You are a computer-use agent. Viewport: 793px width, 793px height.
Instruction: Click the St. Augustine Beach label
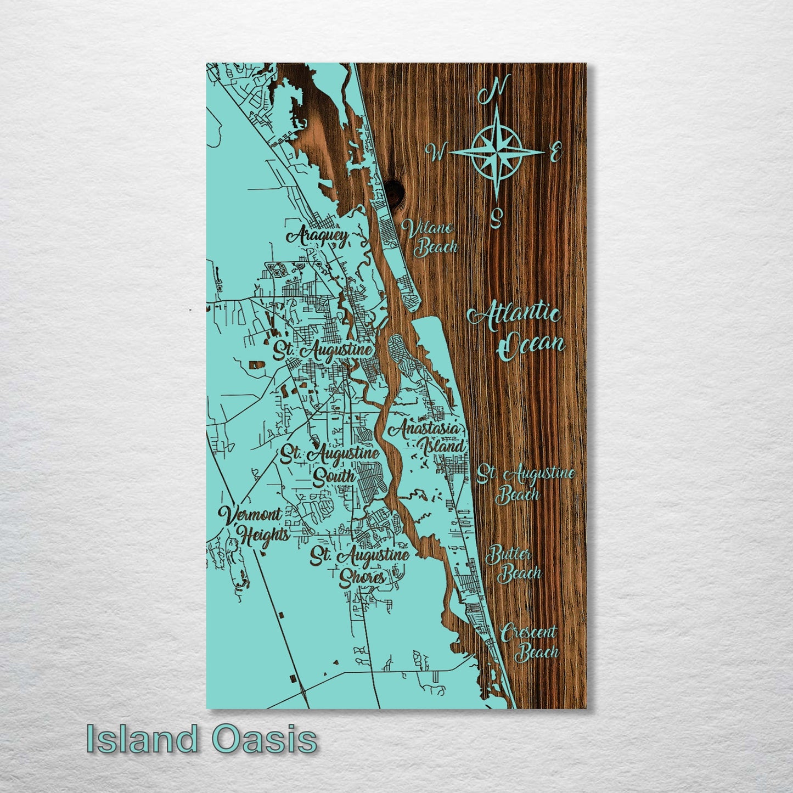[x=525, y=483]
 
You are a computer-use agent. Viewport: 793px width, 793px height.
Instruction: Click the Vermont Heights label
[x=252, y=524]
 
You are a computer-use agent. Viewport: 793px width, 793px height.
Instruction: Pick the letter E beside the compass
[x=555, y=152]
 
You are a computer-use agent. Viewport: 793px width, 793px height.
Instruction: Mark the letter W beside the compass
[x=438, y=152]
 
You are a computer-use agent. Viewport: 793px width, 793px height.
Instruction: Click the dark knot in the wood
[x=395, y=189]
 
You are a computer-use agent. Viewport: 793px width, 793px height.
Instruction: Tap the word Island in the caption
[x=142, y=739]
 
